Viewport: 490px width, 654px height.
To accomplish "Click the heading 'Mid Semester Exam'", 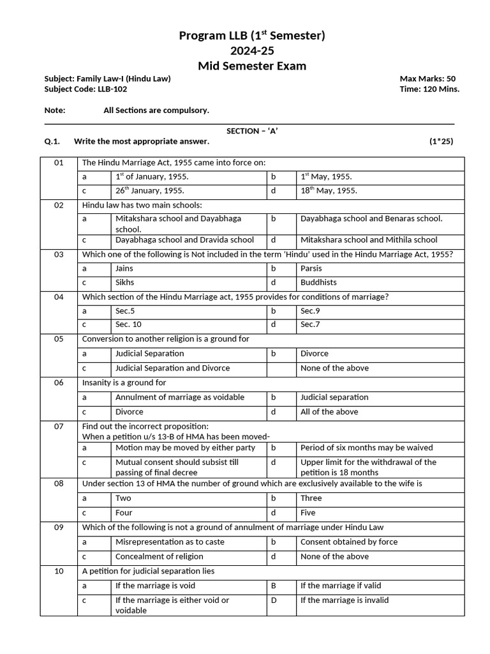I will click(x=251, y=66).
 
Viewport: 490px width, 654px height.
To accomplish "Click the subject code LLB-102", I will click(x=112, y=89).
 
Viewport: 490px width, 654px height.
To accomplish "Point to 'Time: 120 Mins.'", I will click(x=429, y=89).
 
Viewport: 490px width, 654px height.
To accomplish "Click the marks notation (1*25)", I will click(x=441, y=141).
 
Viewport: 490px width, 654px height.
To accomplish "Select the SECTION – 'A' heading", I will click(x=252, y=130).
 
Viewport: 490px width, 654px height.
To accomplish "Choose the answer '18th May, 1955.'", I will click(x=329, y=191).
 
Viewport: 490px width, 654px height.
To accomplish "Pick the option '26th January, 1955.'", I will click(x=150, y=191).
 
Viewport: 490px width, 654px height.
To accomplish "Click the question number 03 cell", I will click(x=59, y=254).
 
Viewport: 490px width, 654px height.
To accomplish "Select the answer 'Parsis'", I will click(x=311, y=269).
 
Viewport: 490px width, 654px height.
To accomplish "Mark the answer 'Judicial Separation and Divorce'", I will click(x=172, y=368).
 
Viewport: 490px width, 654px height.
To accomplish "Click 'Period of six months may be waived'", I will click(x=366, y=448).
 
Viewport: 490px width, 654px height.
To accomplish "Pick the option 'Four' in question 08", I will click(x=123, y=513).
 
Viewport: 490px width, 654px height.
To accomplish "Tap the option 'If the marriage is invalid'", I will click(x=344, y=600).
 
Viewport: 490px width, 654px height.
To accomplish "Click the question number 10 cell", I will click(x=59, y=571).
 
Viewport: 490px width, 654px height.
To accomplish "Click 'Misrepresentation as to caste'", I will click(x=170, y=542).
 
